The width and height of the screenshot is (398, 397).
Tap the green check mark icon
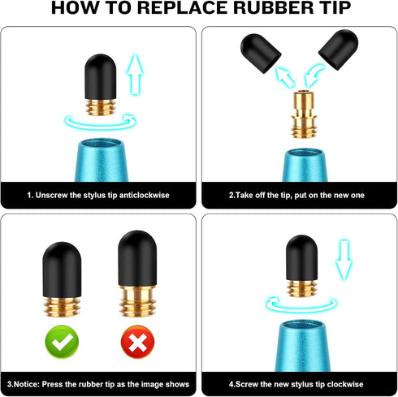[x=62, y=342]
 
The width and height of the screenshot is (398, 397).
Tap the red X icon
[x=137, y=342]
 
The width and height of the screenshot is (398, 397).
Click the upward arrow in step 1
[x=135, y=74]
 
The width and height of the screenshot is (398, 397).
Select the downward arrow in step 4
[x=344, y=259]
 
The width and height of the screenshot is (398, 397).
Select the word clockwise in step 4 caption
[x=345, y=384]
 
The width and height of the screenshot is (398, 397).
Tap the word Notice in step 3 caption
[x=28, y=384]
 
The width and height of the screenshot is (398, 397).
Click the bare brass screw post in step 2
[x=304, y=114]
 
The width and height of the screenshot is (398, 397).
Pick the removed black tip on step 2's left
[x=261, y=53]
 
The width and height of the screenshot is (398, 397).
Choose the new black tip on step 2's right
[x=339, y=50]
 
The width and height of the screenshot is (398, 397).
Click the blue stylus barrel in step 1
[x=102, y=160]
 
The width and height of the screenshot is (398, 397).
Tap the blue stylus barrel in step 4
[x=303, y=346]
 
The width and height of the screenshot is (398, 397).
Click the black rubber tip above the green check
[x=62, y=270]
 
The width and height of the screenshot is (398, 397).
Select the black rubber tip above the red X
[x=137, y=258]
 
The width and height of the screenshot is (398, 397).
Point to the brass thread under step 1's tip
[x=101, y=107]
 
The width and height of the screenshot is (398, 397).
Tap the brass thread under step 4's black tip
[x=301, y=288]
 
